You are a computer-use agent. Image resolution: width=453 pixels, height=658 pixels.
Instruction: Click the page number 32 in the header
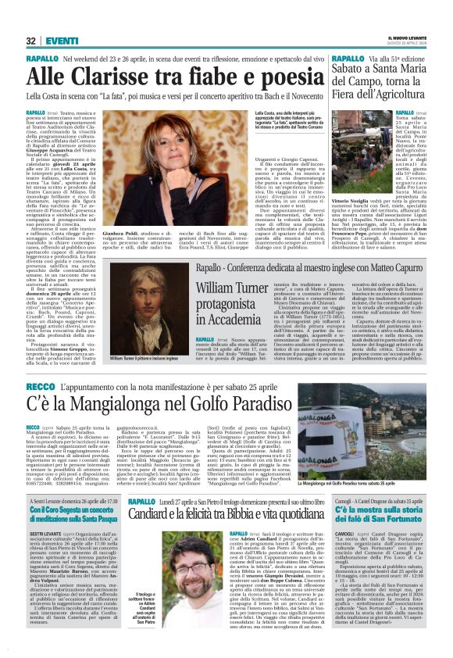click(30, 41)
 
